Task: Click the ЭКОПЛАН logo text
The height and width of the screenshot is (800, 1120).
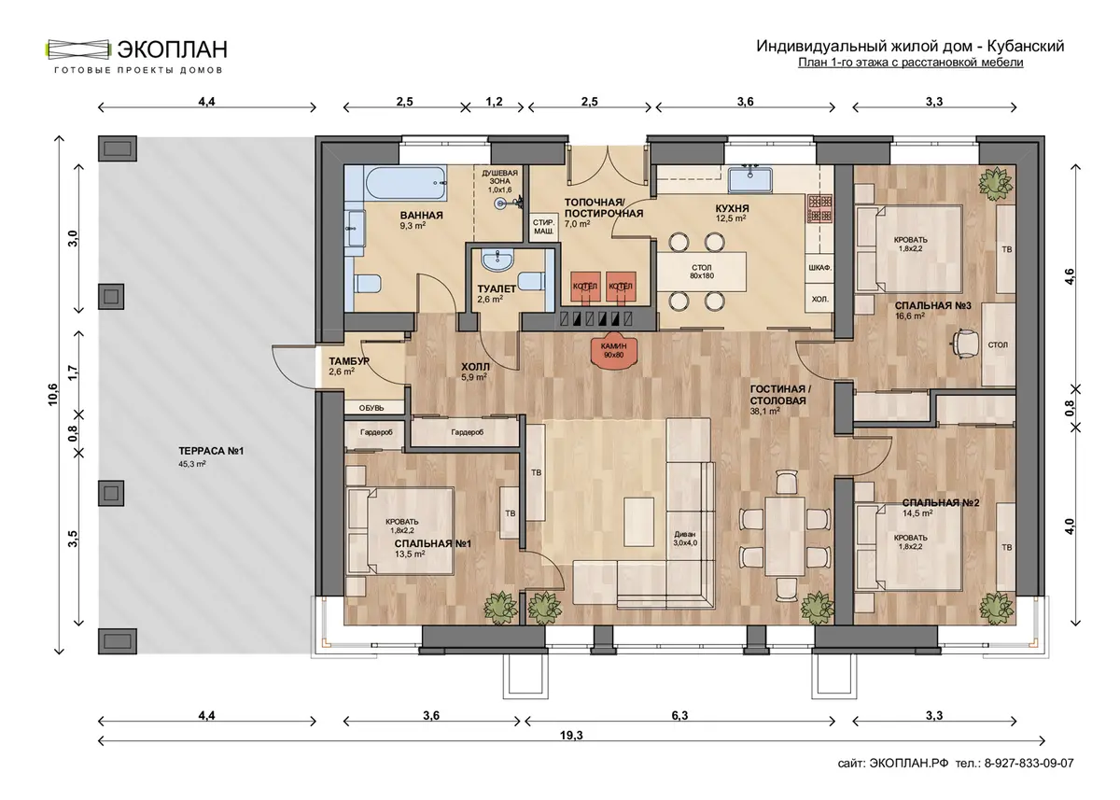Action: (x=172, y=49)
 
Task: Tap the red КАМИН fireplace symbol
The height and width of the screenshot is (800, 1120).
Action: (x=613, y=349)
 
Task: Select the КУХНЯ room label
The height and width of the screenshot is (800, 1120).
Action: (x=732, y=208)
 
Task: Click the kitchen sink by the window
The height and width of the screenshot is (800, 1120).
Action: (x=750, y=180)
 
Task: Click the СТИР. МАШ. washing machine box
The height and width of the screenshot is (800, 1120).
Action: (x=543, y=227)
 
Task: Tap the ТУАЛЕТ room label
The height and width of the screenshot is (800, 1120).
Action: (x=496, y=289)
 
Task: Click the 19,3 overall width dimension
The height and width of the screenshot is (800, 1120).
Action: (x=571, y=735)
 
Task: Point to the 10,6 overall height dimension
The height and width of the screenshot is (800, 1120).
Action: (x=53, y=395)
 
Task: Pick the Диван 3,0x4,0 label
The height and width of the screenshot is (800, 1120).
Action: (x=684, y=538)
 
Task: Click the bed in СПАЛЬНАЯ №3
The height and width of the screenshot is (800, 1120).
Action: (x=909, y=248)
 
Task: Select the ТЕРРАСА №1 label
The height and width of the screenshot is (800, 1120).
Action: (x=211, y=451)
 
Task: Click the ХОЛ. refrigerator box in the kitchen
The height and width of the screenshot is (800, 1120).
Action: (x=820, y=300)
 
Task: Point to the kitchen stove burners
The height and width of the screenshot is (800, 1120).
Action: (x=820, y=208)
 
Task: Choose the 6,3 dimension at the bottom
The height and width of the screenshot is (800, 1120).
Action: (x=679, y=715)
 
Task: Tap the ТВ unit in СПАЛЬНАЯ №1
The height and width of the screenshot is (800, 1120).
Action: (x=510, y=512)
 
